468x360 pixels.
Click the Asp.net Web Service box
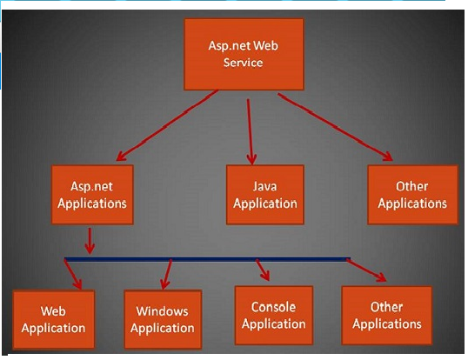[x=244, y=54]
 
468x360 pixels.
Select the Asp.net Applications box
[x=92, y=195]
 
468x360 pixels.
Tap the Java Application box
[x=265, y=195]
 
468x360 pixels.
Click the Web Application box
[x=53, y=319]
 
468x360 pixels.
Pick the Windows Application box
[x=163, y=319]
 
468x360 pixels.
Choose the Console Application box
[x=274, y=316]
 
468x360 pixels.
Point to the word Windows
[x=162, y=311]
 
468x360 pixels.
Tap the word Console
[x=273, y=307]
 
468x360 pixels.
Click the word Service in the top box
[x=244, y=63]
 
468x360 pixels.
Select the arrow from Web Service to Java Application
[x=251, y=131]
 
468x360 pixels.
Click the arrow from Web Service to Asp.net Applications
[x=167, y=125]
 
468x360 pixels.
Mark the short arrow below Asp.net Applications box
[x=90, y=241]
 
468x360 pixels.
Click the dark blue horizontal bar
[x=207, y=259]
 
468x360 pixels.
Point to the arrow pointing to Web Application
[x=73, y=274]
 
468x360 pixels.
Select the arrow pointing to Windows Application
[x=166, y=274]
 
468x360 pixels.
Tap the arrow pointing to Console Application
[x=263, y=270]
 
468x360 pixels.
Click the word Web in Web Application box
[x=53, y=311]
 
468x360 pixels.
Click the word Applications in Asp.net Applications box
[x=92, y=203]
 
